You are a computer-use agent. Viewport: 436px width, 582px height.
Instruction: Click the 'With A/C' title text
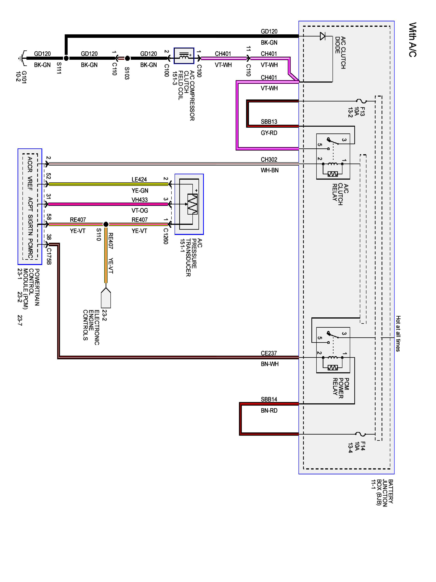click(x=412, y=40)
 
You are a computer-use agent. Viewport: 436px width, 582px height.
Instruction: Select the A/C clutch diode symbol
click(x=322, y=36)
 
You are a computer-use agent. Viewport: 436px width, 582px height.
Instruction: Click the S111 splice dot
click(x=66, y=58)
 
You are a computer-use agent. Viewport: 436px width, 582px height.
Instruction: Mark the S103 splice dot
click(x=127, y=58)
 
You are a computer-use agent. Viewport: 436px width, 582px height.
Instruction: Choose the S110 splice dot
click(x=106, y=224)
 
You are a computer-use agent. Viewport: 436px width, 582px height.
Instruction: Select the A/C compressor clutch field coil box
click(x=184, y=56)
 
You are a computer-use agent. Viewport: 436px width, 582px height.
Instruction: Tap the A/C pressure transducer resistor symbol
click(x=192, y=204)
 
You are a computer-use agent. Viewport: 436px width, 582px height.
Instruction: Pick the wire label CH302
click(x=269, y=159)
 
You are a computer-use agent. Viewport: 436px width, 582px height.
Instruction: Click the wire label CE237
click(x=269, y=353)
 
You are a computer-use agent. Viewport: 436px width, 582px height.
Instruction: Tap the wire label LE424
click(x=139, y=179)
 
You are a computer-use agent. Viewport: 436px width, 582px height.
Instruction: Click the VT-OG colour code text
click(x=140, y=210)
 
